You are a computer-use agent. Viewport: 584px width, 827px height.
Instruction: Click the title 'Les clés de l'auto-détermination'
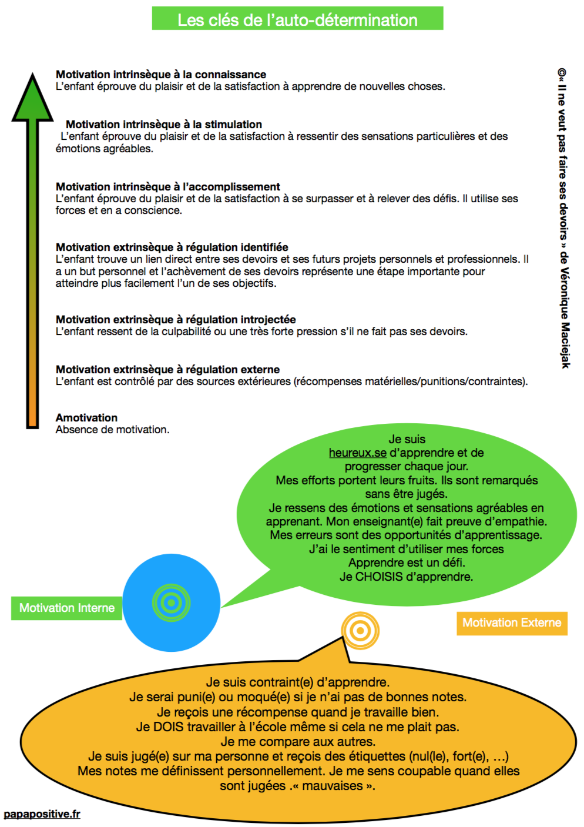coord(297,19)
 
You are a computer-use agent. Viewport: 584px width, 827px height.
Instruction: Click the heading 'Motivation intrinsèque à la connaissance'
coord(160,75)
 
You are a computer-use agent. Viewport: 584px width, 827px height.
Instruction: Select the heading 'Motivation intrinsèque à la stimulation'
coord(164,125)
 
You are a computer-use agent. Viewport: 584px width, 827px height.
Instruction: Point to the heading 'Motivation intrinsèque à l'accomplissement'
coord(168,187)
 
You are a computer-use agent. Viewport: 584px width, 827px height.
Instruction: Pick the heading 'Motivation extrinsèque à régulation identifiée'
coord(172,247)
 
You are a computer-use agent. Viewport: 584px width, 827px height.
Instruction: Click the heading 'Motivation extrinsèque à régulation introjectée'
coord(176,320)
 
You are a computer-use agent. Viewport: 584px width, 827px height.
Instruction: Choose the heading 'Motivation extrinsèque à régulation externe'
coord(167,370)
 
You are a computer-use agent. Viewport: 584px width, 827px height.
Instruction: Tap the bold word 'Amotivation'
coord(86,418)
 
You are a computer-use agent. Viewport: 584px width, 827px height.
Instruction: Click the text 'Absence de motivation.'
coord(112,430)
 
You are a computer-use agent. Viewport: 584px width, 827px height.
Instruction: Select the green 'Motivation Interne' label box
coord(66,608)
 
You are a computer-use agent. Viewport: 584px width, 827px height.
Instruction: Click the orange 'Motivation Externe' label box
coord(512,623)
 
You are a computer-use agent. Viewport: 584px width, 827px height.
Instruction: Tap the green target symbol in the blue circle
coord(171,602)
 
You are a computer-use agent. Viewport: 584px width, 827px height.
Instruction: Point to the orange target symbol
coord(360,631)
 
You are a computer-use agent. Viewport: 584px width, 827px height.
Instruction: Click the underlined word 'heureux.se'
coord(357,453)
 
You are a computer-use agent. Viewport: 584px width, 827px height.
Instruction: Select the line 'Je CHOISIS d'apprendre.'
coord(406,577)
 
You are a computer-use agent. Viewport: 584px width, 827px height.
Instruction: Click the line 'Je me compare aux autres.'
coord(298,742)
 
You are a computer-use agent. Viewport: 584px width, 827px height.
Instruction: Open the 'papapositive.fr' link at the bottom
coord(42,814)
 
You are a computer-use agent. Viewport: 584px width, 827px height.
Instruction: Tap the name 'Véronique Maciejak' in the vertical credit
coord(564,318)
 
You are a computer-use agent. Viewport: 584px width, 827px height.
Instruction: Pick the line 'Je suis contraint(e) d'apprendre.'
coord(297,682)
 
